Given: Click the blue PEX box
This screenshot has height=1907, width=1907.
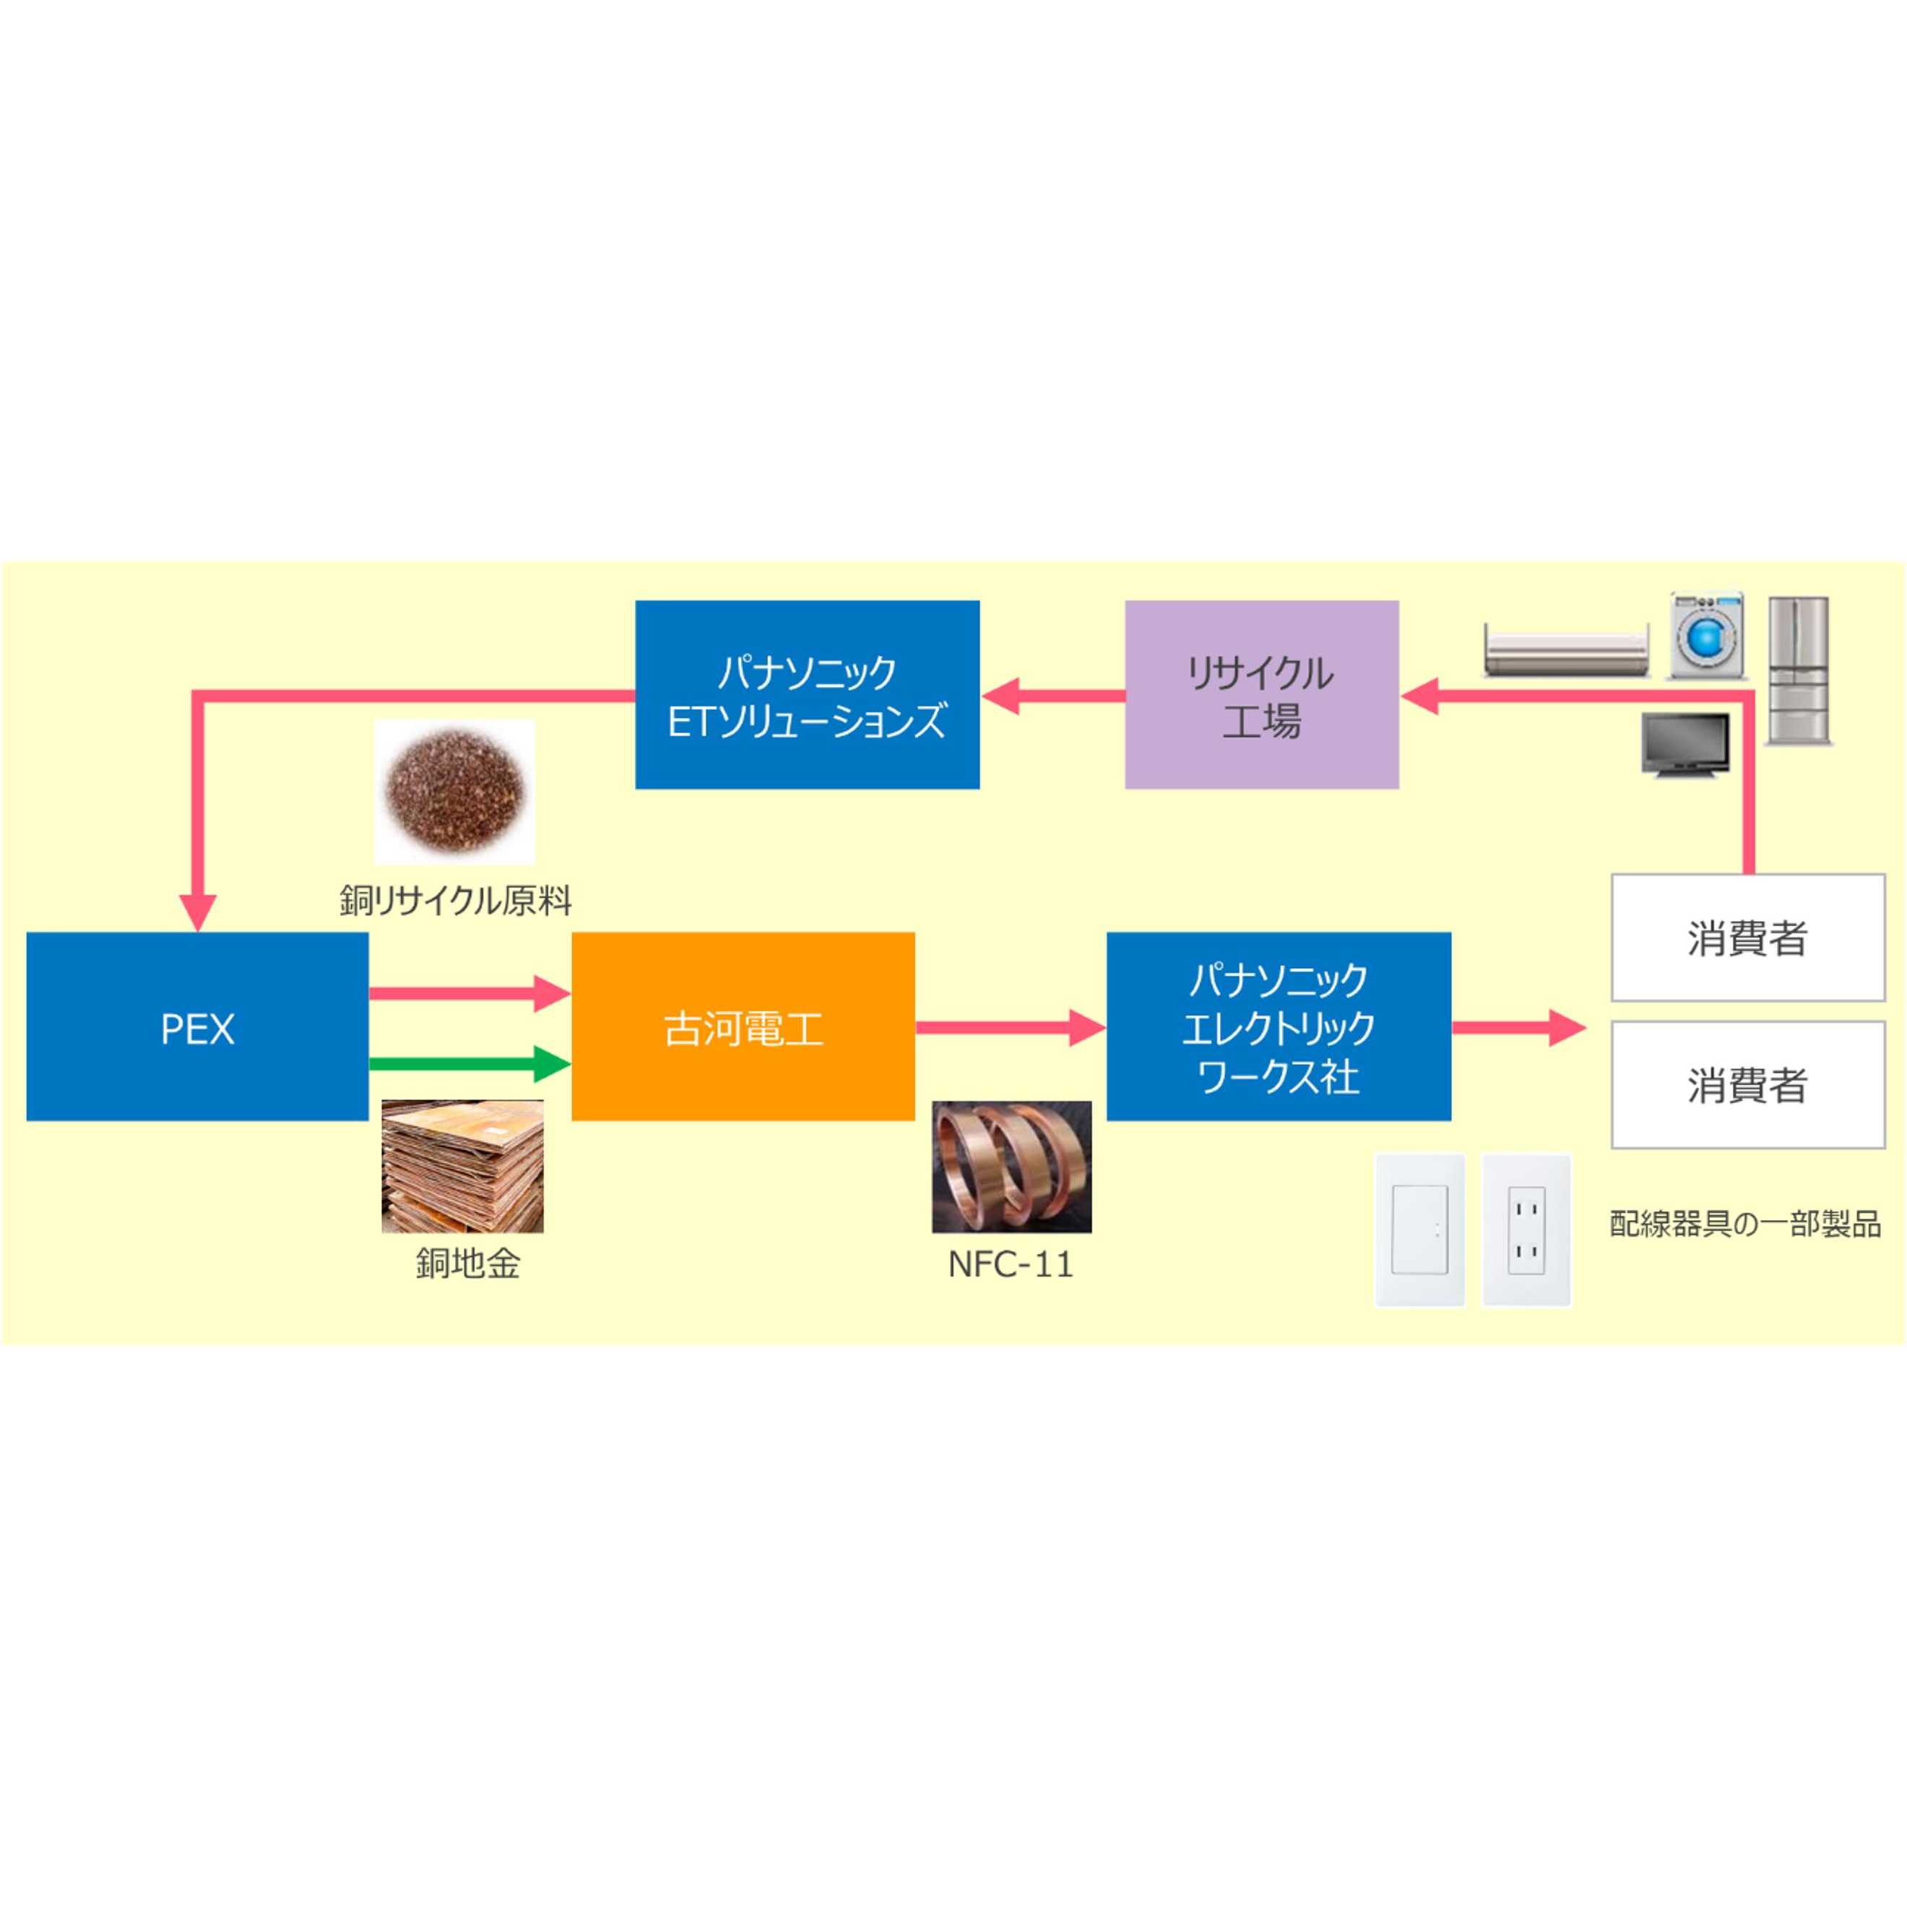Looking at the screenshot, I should pos(197,1026).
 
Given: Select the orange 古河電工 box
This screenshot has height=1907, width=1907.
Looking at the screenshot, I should pos(743,1026).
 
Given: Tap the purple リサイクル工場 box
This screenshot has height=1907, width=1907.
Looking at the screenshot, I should pos(1261,695).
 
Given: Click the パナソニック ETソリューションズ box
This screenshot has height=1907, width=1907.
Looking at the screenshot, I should pos(806,695).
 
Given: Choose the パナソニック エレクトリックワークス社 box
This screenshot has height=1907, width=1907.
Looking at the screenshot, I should pos(1279,1026).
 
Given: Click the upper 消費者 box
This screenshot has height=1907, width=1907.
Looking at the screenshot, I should pos(1748,938).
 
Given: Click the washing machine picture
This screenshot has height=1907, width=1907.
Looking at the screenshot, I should pos(1705,636).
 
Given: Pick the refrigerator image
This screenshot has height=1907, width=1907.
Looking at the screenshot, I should pos(1797,670).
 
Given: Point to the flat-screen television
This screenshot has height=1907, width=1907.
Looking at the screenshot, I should pos(1685,745).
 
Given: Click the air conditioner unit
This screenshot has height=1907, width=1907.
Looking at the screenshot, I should pos(1567,649).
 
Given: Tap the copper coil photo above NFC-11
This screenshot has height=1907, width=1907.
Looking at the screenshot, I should pos(1012,1167).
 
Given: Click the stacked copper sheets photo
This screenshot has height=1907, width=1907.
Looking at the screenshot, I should pos(462,1166).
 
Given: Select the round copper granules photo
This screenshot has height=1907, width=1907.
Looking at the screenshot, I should pos(455,792).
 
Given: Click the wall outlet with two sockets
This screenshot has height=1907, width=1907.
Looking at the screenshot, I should pos(1526,1231).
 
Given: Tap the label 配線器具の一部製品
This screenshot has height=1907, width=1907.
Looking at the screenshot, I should pos(1745,1224).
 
